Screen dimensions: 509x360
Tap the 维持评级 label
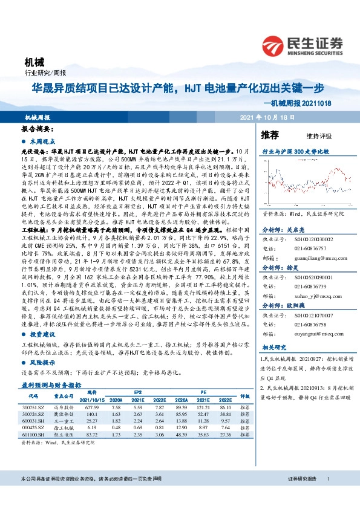point(310,135)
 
